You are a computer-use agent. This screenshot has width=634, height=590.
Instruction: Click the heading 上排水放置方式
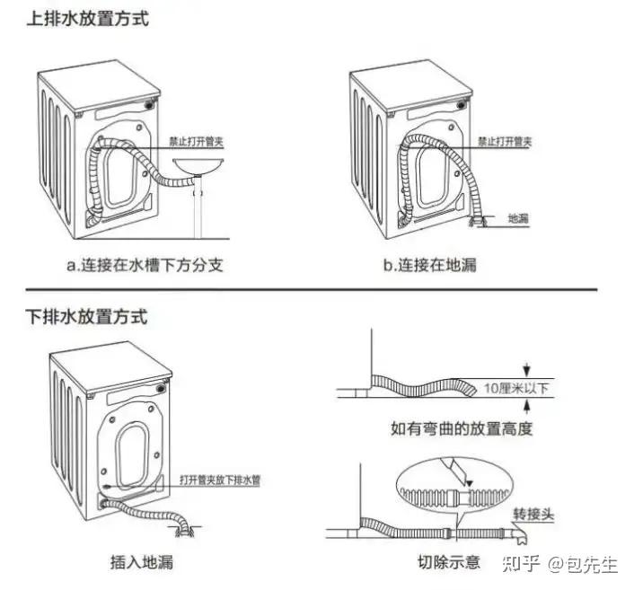pyautogui.click(x=86, y=18)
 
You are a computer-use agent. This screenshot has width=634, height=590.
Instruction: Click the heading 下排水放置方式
pyautogui.click(x=86, y=317)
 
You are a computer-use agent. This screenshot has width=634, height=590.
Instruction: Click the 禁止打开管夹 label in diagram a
pyautogui.click(x=198, y=142)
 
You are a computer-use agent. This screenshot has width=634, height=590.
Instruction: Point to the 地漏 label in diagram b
pyautogui.click(x=517, y=217)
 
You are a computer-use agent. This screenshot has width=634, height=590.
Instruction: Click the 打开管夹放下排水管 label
pyautogui.click(x=220, y=480)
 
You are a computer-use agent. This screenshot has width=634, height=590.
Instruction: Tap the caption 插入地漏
pyautogui.click(x=141, y=563)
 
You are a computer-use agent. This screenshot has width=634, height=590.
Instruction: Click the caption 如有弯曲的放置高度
pyautogui.click(x=462, y=428)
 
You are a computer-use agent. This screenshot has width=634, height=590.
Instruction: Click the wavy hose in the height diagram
pyautogui.click(x=422, y=384)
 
